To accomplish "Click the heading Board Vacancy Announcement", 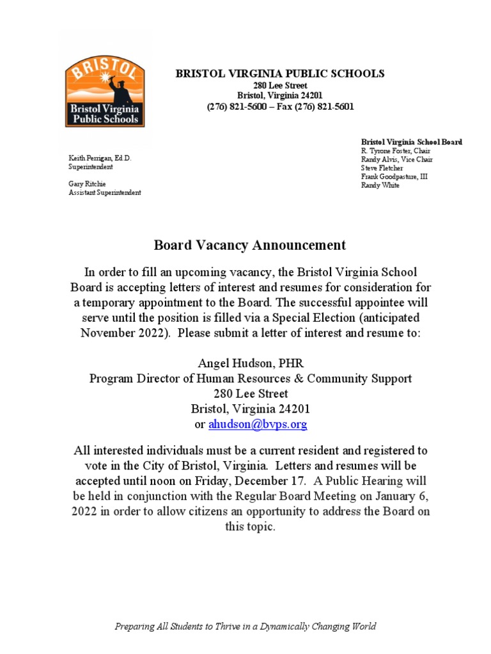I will click(x=250, y=245).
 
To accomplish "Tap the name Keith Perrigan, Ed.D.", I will click(x=100, y=157).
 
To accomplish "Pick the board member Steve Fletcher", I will click(x=382, y=168).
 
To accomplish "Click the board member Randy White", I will click(x=380, y=185).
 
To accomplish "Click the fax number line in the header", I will click(x=280, y=107).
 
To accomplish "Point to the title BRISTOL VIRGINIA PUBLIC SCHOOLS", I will click(x=280, y=73).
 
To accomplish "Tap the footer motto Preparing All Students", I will click(x=245, y=627).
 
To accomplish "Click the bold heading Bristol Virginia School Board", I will click(x=412, y=141).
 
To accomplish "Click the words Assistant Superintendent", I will click(x=105, y=193).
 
